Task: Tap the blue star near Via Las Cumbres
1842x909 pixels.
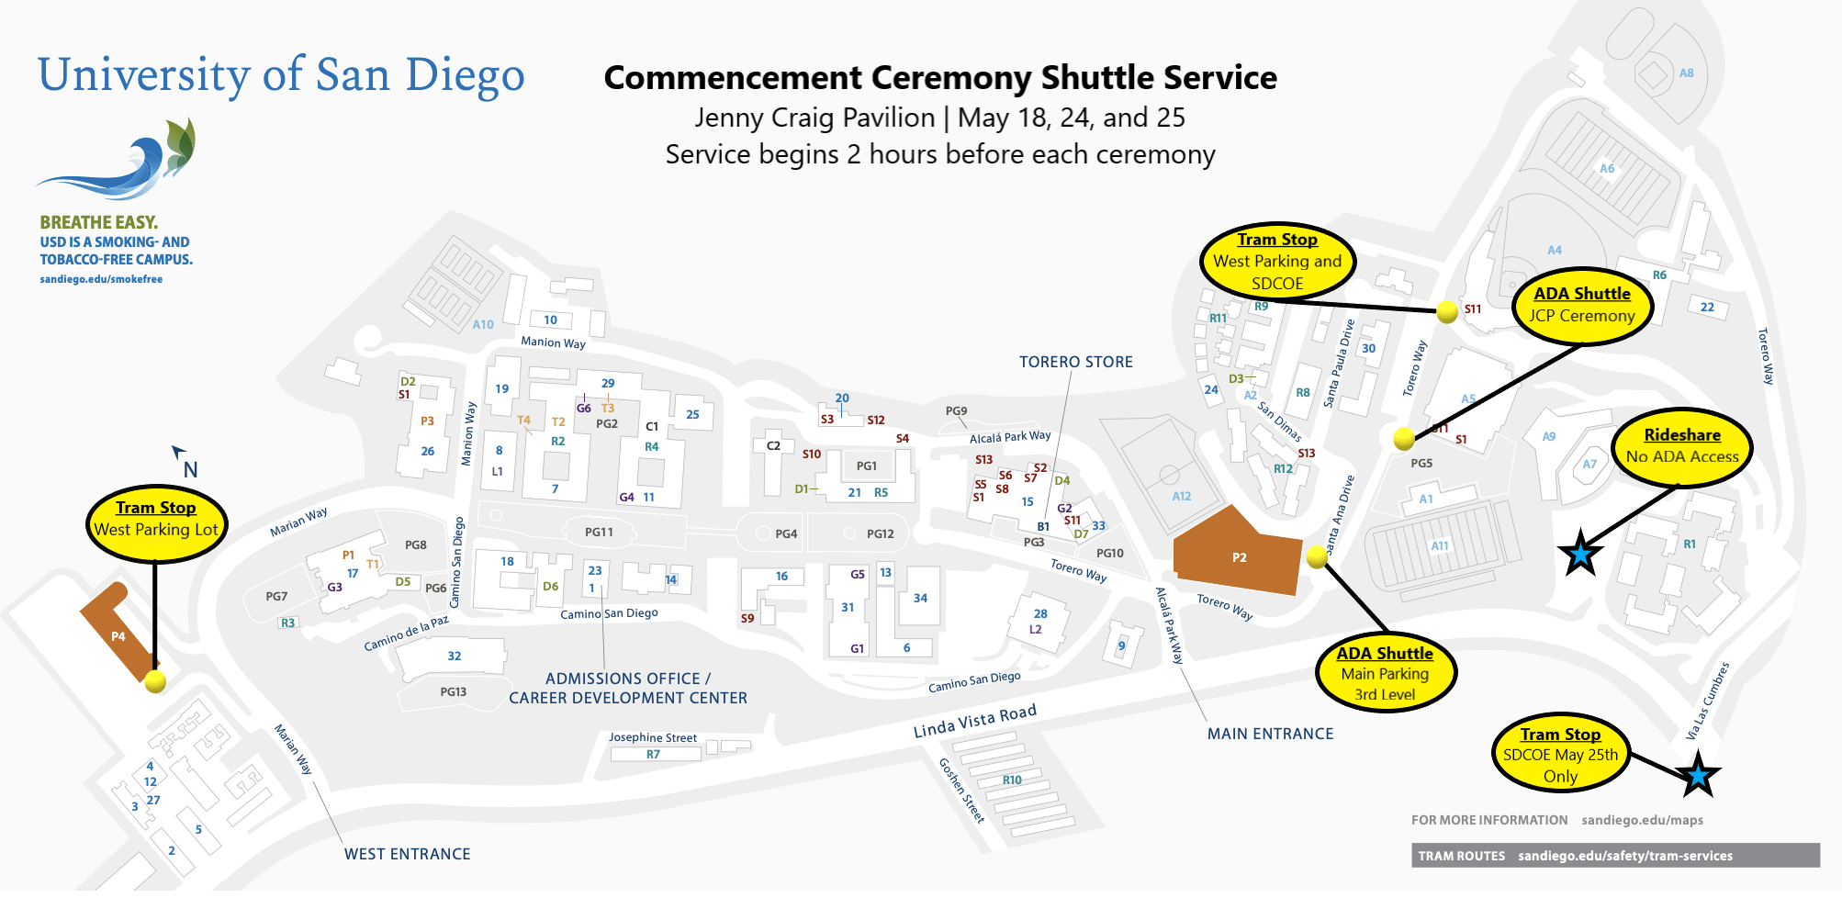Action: click(1697, 775)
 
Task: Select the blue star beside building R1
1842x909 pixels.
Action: click(1580, 554)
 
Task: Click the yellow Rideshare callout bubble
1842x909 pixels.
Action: click(1681, 446)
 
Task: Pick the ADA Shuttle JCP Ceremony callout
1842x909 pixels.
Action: click(1581, 306)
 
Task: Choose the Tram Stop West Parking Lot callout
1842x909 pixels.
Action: click(156, 521)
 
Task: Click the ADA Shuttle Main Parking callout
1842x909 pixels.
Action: click(1385, 674)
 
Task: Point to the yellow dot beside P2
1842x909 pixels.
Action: click(1317, 556)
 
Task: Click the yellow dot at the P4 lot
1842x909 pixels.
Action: click(155, 681)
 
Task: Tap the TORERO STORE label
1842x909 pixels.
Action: click(1075, 362)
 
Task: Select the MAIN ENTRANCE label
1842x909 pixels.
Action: click(1270, 734)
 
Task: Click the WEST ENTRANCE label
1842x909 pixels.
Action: click(407, 854)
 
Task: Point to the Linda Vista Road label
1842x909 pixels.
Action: click(974, 721)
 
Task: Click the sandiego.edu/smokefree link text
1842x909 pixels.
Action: click(101, 279)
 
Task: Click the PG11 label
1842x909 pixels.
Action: click(599, 532)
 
